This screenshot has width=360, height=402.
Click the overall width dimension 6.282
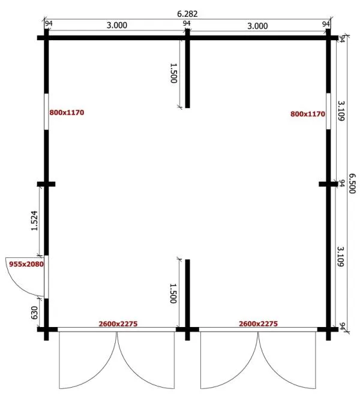(x=187, y=14)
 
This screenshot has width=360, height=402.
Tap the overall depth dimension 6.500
(x=352, y=184)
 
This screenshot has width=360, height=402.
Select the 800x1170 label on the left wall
(x=67, y=112)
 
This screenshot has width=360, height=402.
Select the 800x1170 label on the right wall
(x=308, y=114)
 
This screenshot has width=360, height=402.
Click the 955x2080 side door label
(x=26, y=264)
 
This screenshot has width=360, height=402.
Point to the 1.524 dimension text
(x=34, y=221)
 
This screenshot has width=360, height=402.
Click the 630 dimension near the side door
(x=34, y=313)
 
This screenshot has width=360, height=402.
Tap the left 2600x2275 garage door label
(x=118, y=324)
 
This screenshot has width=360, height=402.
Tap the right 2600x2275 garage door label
(x=258, y=324)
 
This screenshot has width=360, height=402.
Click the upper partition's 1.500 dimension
(x=173, y=73)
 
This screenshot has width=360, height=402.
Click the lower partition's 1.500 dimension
(x=173, y=293)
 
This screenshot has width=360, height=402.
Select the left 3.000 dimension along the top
(x=116, y=25)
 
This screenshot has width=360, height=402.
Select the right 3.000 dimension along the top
(x=257, y=26)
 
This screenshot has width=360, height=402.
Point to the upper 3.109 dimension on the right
(x=341, y=110)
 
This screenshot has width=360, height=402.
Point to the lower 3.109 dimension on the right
(x=340, y=257)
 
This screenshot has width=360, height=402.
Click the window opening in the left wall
(x=46, y=112)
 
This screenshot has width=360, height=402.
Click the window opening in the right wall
(x=328, y=111)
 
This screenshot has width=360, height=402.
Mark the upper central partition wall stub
(x=187, y=69)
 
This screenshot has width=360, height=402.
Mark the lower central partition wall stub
(x=187, y=300)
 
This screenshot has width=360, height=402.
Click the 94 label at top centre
(x=187, y=23)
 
